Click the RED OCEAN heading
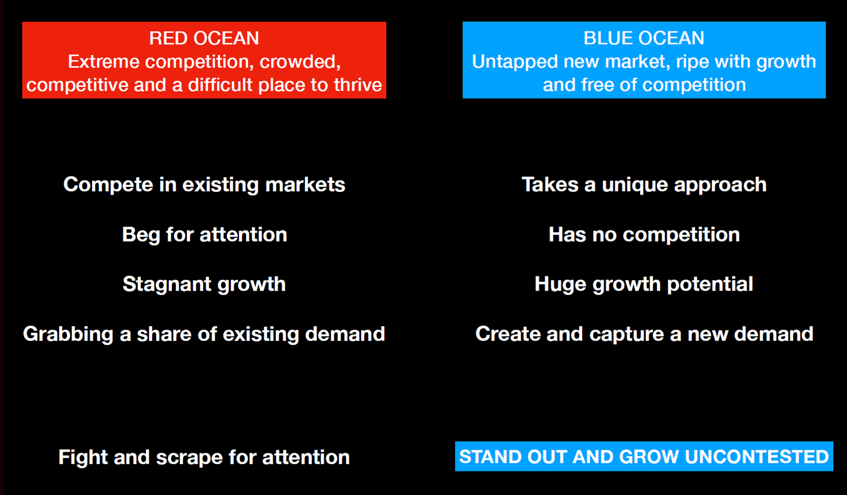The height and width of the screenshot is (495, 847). [x=204, y=38]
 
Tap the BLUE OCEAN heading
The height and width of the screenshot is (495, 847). [x=644, y=38]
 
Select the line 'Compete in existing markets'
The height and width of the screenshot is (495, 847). [x=204, y=185]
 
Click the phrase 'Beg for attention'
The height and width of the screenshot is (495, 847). [x=204, y=235]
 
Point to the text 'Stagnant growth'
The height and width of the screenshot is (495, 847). [x=204, y=284]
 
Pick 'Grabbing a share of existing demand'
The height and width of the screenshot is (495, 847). [x=204, y=334]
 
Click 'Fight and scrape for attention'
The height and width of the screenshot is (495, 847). [x=204, y=457]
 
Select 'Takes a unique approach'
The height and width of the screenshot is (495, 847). [x=644, y=185]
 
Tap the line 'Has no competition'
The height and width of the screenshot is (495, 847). [x=644, y=235]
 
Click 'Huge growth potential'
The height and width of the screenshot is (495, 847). [x=644, y=284]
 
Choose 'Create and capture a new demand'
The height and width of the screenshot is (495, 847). [x=644, y=334]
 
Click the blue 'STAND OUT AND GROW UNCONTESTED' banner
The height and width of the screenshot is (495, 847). [x=644, y=456]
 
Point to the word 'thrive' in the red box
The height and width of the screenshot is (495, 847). [x=358, y=85]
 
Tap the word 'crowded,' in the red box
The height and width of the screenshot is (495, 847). [x=300, y=62]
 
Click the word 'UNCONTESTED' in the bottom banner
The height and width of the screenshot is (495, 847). [x=757, y=456]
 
